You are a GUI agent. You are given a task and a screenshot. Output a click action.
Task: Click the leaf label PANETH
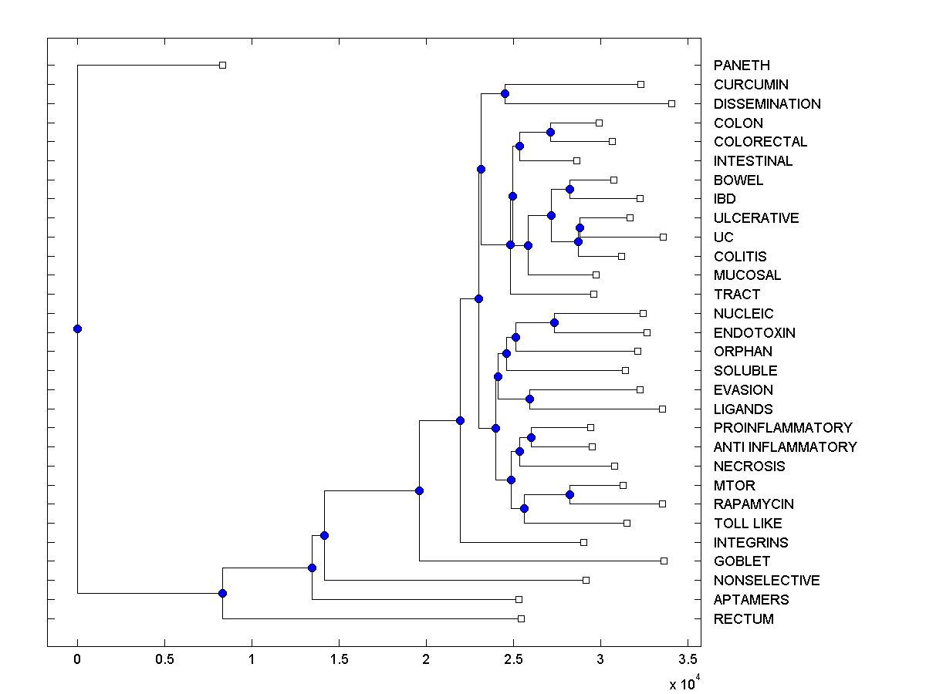click(742, 66)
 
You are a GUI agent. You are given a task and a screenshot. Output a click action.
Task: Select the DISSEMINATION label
click(767, 104)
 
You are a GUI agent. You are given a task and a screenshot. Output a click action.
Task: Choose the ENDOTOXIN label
click(754, 333)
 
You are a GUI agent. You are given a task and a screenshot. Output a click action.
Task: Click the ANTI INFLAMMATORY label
click(785, 447)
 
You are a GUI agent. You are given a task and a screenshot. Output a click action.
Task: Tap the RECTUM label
click(743, 619)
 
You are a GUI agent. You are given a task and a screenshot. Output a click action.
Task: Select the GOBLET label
click(742, 561)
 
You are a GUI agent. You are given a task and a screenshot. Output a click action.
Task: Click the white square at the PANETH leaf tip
click(222, 66)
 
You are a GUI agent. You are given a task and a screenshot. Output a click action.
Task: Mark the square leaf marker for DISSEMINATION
click(671, 103)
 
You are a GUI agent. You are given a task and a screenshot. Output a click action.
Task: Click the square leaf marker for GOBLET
click(664, 561)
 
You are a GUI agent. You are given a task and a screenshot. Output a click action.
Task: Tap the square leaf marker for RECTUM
click(521, 618)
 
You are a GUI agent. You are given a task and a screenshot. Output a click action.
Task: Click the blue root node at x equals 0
click(77, 328)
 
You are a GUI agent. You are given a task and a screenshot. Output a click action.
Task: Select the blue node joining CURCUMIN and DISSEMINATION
click(505, 94)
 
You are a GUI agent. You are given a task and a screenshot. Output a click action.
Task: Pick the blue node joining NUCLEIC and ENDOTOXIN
click(554, 322)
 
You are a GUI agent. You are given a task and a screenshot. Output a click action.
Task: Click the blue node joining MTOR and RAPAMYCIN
click(569, 494)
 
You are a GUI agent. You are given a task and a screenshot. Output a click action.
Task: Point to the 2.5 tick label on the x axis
click(513, 659)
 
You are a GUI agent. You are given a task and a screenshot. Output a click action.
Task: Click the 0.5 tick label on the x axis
click(164, 659)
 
